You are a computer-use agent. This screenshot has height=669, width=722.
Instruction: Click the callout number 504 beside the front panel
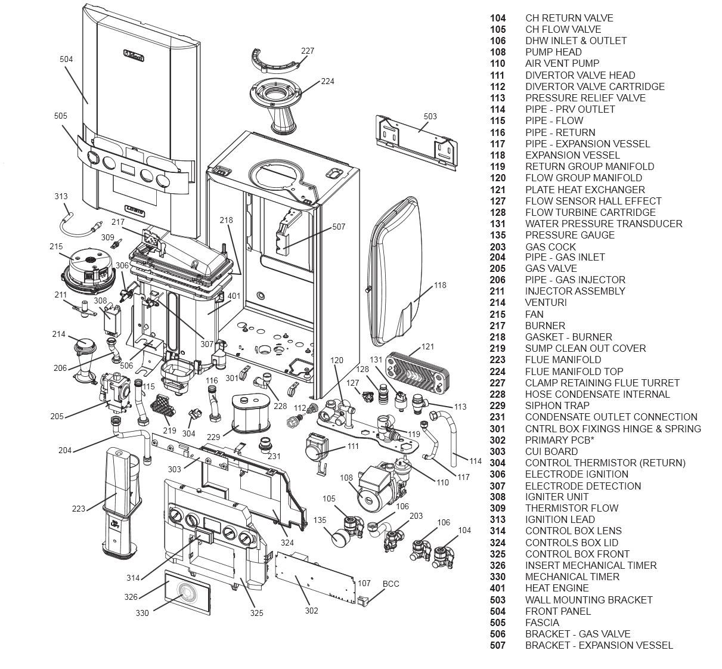[66, 59]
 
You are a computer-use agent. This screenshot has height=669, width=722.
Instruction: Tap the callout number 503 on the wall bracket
[430, 116]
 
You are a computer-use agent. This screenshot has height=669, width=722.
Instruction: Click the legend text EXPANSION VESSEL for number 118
[564, 155]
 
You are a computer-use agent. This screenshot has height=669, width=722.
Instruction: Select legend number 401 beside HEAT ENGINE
[497, 588]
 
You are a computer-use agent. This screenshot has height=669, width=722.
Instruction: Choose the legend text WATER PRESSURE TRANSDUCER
[603, 224]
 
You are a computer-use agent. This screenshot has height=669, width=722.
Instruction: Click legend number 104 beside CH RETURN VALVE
[497, 18]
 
